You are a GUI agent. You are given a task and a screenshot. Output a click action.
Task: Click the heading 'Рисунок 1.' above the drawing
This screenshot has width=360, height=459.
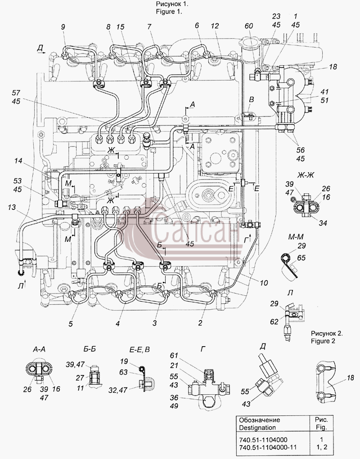coord(172,4)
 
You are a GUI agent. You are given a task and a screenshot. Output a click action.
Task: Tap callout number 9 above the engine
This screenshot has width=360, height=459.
coord(63,27)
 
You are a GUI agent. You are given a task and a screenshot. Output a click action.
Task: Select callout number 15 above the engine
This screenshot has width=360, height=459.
coord(120,27)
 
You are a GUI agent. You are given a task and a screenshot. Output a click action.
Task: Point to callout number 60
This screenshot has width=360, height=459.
coord(249,26)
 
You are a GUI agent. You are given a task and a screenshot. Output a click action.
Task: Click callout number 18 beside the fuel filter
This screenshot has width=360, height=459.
coord(333,67)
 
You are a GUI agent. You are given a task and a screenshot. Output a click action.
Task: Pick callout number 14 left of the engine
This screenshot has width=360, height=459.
coord(18,160)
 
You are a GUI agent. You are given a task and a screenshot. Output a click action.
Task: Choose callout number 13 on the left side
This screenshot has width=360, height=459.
coord(12,207)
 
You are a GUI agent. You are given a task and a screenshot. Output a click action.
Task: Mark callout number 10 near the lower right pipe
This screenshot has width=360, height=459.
coord(264,283)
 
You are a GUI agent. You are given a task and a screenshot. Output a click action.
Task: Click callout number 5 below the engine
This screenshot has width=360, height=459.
coord(71,324)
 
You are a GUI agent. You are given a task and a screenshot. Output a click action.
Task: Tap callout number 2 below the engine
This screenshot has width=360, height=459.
coord(200,323)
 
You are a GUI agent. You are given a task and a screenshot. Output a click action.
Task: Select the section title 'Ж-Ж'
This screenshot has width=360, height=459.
coord(305,175)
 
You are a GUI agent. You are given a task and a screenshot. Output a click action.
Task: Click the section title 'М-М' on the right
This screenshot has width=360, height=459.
coord(295,236)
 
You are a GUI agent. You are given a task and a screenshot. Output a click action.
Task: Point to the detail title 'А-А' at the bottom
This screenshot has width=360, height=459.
coord(39,349)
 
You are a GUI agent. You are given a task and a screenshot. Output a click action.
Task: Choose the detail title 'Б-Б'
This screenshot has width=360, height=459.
coord(90,349)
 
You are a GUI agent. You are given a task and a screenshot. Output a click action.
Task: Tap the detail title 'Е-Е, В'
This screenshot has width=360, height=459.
coord(139,349)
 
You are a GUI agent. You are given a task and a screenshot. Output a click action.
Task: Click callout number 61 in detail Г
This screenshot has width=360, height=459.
coord(174,355)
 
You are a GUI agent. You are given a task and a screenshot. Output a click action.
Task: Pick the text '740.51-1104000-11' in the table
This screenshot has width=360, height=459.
coord(267,448)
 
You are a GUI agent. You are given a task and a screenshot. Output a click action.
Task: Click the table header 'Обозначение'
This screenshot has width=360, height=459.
coord(260,420)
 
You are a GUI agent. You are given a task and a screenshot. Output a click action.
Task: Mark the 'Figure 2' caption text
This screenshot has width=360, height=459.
coord(323,341)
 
